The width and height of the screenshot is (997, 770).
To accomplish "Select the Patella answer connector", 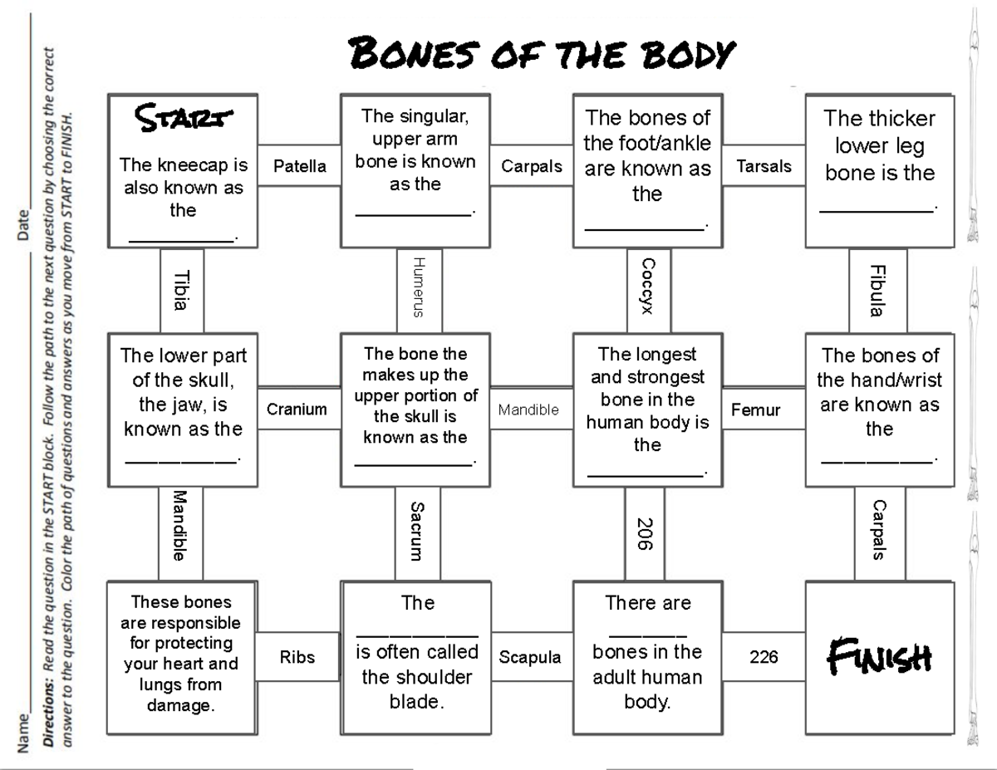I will click(300, 166).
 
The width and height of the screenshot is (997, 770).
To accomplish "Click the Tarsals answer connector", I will click(764, 166).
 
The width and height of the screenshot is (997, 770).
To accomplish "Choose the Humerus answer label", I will click(419, 287).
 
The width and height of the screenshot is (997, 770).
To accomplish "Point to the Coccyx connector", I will click(648, 286).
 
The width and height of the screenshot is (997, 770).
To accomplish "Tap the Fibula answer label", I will click(876, 291).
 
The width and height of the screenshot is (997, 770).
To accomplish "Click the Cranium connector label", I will click(297, 409).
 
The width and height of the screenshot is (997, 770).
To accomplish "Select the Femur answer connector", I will click(755, 410).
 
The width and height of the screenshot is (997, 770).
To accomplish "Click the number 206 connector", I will click(645, 534).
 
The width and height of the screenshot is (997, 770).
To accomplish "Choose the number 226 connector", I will click(764, 657).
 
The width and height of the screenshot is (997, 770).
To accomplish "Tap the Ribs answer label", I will click(297, 657).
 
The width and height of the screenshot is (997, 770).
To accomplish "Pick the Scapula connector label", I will click(530, 657).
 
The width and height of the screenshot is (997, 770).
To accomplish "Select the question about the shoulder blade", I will click(418, 652).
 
